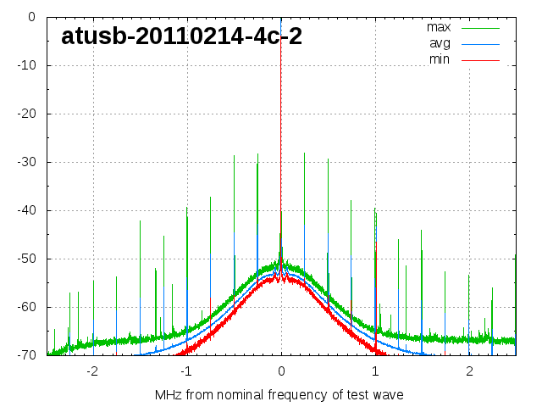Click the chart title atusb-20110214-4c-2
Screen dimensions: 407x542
click(x=181, y=36)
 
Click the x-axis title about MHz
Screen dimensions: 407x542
click(x=279, y=394)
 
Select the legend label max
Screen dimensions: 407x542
click(x=439, y=27)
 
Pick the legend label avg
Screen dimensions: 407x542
click(x=440, y=43)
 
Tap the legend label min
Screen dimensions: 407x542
click(x=440, y=59)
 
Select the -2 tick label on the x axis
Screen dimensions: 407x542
click(x=91, y=371)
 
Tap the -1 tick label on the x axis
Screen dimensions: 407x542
click(x=185, y=371)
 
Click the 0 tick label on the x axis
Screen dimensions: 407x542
click(x=281, y=371)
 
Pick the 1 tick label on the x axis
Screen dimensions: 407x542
click(x=375, y=371)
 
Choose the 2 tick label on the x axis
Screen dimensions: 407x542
click(x=469, y=371)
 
